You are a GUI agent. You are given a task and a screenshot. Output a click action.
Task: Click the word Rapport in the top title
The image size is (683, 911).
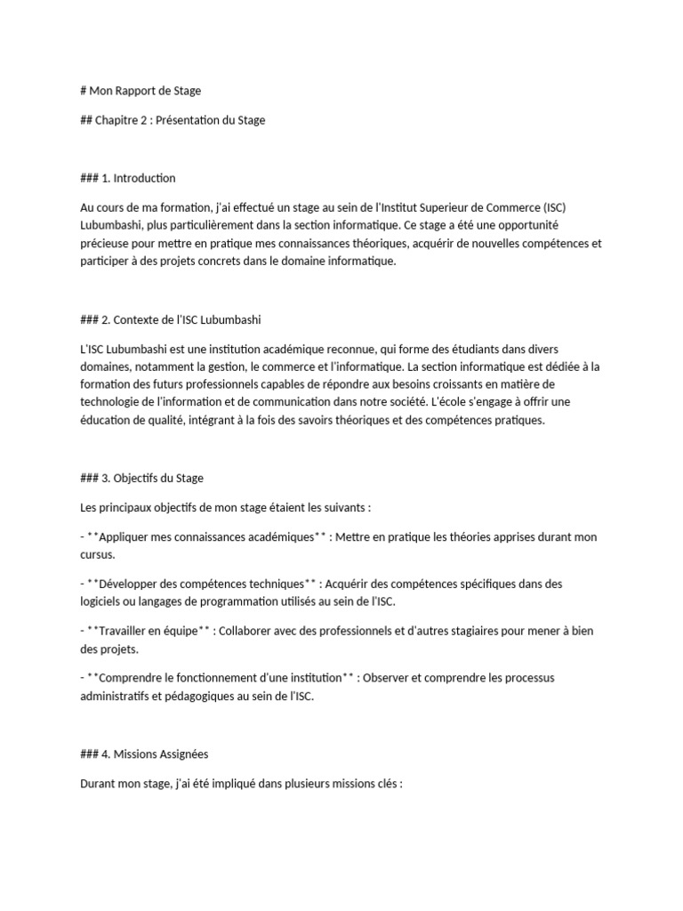(135, 90)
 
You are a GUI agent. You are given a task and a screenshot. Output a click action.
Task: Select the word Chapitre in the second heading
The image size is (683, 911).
(118, 120)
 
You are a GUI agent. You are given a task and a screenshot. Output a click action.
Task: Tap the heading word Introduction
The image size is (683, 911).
(144, 178)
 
